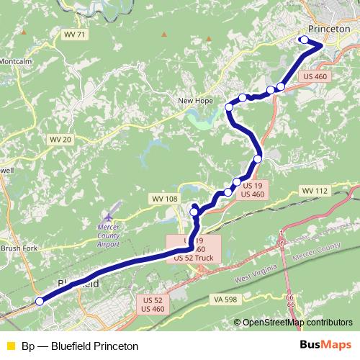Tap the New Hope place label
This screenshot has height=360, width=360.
pos(195,102)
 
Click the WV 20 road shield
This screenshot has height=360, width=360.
pos(59,138)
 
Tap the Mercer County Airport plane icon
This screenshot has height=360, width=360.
pos(108,216)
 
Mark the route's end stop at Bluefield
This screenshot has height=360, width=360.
pos(40,302)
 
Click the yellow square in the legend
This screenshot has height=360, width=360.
pos(9,345)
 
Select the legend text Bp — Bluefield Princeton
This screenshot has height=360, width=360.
pos(79,345)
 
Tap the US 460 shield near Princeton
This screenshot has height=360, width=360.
pos(315,76)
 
